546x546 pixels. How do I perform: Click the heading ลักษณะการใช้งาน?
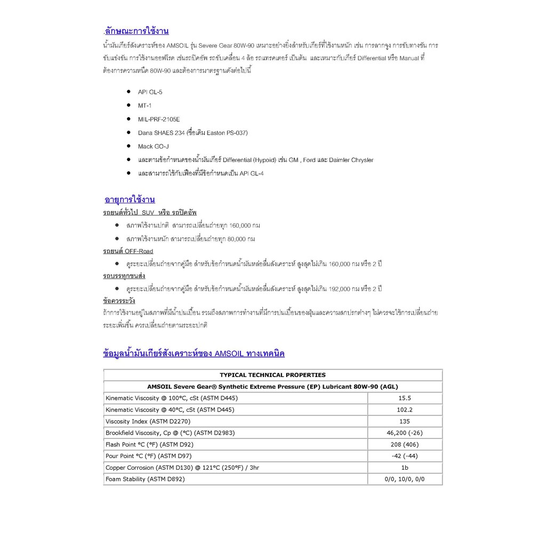[x=137, y=31]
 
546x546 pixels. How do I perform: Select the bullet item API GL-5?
[x=150, y=92]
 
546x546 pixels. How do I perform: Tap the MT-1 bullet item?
[x=144, y=106]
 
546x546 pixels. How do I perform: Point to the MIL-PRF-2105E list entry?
[x=159, y=119]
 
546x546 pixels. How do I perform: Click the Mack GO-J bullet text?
[x=154, y=146]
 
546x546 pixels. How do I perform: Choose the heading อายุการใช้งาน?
[x=130, y=200]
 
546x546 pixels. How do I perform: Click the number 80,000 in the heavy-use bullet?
[x=236, y=239]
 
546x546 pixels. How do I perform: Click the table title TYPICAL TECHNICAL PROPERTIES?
[x=272, y=375]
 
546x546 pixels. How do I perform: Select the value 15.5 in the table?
[x=405, y=398]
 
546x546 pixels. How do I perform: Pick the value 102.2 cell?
[x=405, y=410]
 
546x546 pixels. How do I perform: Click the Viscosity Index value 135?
[x=405, y=421]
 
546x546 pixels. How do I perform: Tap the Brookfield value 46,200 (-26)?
[x=405, y=433]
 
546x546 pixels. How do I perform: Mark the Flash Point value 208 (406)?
[x=405, y=445]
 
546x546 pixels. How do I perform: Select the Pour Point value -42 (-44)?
[x=405, y=456]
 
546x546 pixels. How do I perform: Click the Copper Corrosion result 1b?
[x=405, y=468]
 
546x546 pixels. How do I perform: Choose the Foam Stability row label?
[x=145, y=479]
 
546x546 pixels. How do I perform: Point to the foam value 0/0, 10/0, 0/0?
[x=405, y=479]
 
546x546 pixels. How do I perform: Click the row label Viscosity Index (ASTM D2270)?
[x=147, y=421]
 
